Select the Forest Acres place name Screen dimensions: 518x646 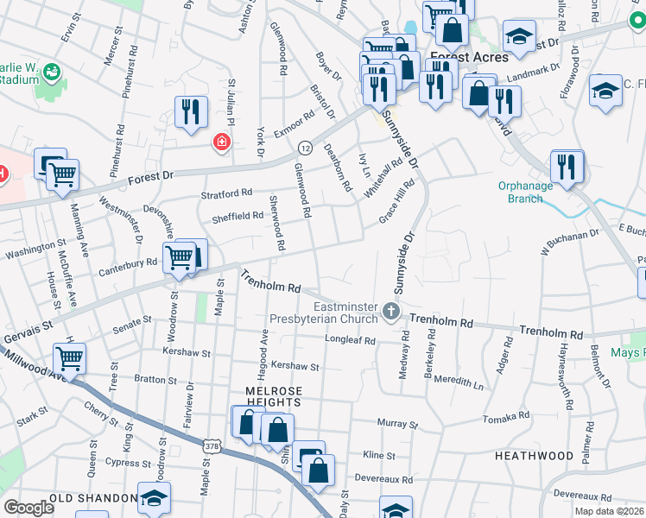click(468, 58)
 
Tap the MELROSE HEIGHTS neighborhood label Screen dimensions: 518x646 click(274, 398)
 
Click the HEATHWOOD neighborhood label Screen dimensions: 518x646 click(534, 455)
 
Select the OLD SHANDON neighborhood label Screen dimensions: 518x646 click(94, 499)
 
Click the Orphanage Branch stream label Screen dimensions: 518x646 click(521, 192)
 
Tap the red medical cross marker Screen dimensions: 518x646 click(222, 141)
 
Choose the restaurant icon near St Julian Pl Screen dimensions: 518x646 click(190, 111)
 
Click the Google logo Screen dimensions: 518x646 click(29, 507)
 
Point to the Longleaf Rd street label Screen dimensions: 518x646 click(350, 341)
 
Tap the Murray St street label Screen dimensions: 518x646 click(397, 425)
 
